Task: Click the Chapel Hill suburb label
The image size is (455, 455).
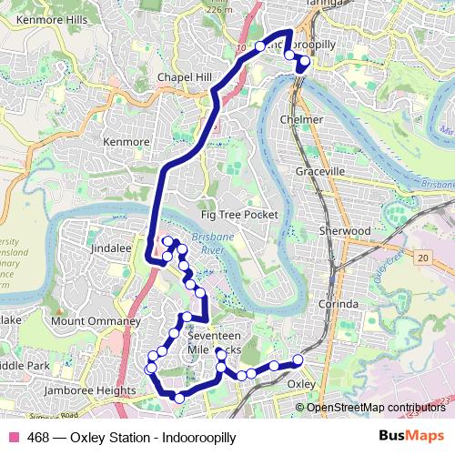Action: tap(185, 77)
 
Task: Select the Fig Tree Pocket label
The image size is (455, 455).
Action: tap(238, 214)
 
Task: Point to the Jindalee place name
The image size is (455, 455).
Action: tap(112, 247)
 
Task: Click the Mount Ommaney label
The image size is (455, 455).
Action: tap(96, 321)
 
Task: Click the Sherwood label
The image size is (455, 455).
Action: tap(344, 231)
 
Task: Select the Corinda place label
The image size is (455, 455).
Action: tap(341, 304)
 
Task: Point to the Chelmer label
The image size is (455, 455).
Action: tap(303, 119)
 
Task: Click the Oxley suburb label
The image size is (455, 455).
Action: tap(300, 384)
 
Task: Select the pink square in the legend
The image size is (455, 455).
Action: tap(13, 438)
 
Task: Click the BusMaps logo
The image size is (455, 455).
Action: tap(410, 438)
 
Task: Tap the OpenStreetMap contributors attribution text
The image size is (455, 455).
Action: tap(375, 407)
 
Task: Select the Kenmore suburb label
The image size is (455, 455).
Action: tap(126, 143)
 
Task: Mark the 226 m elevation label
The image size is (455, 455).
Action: tap(220, 10)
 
